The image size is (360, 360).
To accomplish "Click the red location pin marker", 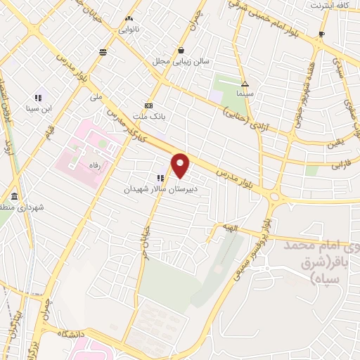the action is click(x=181, y=165).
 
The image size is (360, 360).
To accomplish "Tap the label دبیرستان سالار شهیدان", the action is click(x=162, y=189).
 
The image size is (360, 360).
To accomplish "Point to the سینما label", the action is click(x=245, y=94).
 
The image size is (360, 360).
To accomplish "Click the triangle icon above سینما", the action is click(x=245, y=83).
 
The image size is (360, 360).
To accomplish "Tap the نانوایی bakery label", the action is click(x=128, y=30).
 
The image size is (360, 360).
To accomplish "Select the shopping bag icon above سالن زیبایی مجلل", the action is click(x=182, y=50).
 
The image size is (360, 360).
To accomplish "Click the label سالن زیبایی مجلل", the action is click(x=182, y=61).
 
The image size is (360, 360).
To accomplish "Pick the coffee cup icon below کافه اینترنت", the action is click(x=321, y=34).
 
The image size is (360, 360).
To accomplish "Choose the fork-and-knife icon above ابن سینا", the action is click(x=38, y=98).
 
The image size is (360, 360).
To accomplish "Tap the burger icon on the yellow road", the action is click(x=104, y=52).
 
